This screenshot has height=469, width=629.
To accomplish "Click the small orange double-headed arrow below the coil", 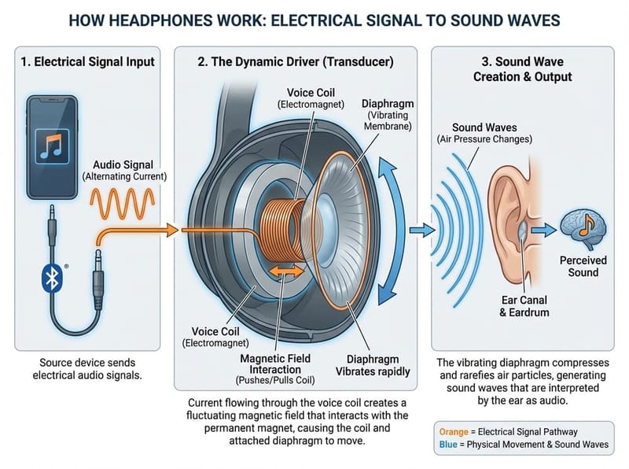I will (285, 271).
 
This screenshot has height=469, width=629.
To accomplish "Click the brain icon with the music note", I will (583, 225).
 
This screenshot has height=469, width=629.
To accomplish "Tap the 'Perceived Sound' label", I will (583, 266).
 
